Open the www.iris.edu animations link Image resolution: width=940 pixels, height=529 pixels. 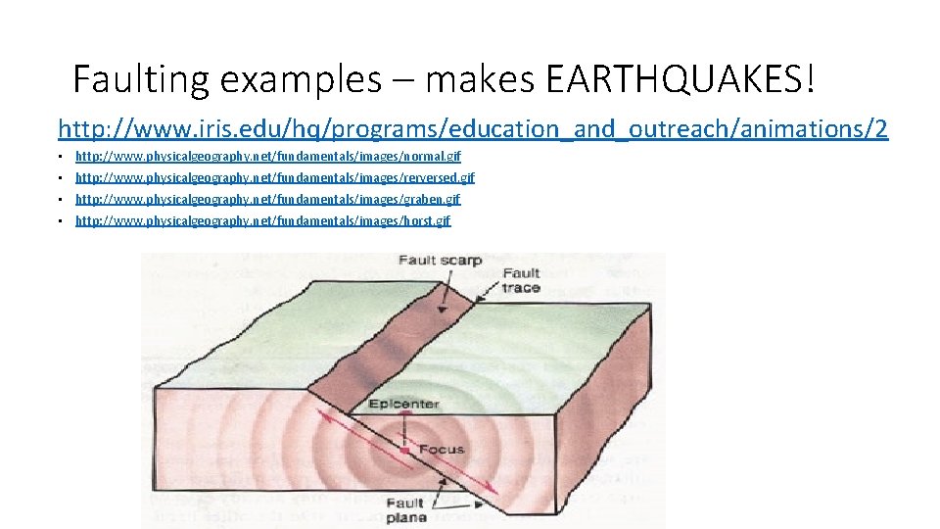click(473, 128)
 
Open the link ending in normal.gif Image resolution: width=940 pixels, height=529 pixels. click(268, 157)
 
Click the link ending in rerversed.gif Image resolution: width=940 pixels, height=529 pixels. click(274, 178)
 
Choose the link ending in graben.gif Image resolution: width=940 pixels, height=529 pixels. click(267, 200)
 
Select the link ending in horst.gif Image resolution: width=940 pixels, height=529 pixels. click(262, 221)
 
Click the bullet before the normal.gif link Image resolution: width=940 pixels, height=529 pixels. click(59, 157)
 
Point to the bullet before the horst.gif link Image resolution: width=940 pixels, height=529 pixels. click(59, 221)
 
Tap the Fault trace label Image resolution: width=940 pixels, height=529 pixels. click(520, 280)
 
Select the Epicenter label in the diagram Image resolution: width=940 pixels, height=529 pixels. click(403, 404)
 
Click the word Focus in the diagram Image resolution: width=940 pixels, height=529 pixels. click(441, 450)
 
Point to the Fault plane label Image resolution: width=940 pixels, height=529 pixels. click(404, 510)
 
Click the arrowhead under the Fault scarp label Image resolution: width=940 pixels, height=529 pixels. click(443, 309)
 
